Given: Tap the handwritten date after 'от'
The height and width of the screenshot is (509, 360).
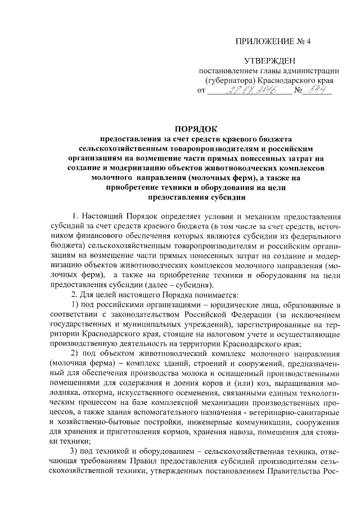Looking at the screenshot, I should [250, 91].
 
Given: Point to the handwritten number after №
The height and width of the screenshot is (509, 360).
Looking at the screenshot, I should [320, 90].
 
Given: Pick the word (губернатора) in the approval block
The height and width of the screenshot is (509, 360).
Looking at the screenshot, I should [230, 80].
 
